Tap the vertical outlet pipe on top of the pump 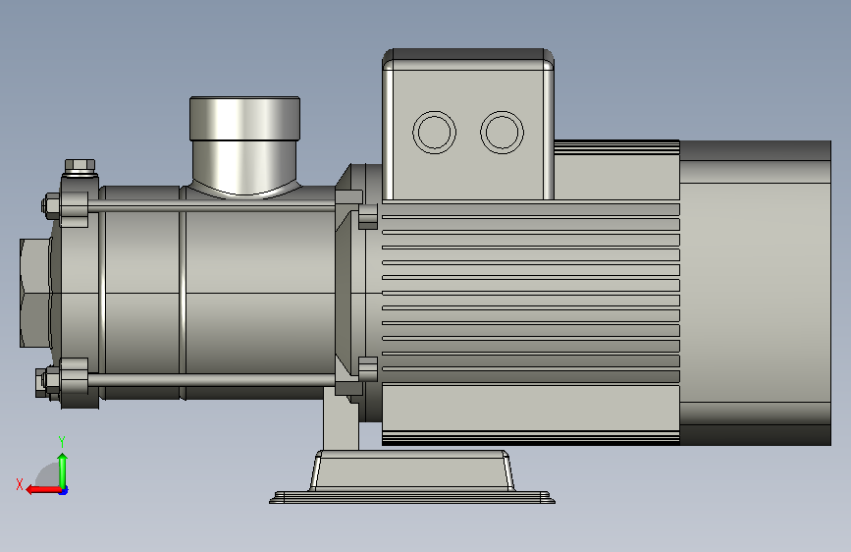point(244,145)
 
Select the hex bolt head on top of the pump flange point(80,165)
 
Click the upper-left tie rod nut point(50,205)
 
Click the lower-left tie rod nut point(47,382)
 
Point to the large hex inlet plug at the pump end point(35,293)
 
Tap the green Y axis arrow point(63,470)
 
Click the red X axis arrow point(43,490)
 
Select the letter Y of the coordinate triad point(62,442)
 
